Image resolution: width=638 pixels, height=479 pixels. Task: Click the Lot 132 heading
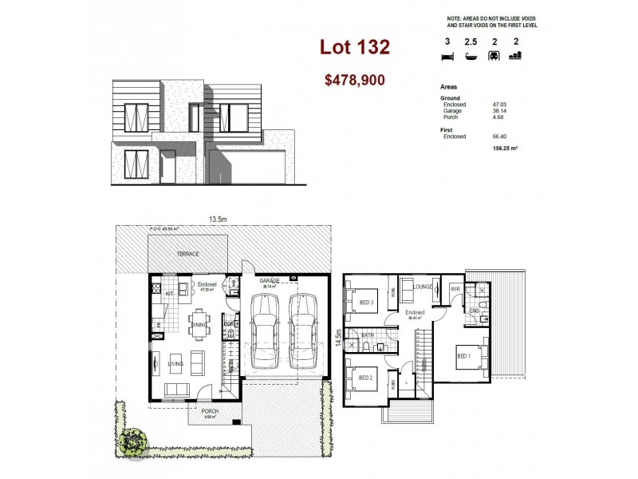coord(355,47)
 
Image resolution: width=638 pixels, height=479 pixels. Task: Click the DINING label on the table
coord(199,324)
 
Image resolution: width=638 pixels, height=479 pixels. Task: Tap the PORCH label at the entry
coord(209,411)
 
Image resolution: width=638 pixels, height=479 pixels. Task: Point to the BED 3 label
coord(367,303)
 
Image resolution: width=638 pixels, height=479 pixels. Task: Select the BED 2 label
coord(367,378)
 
